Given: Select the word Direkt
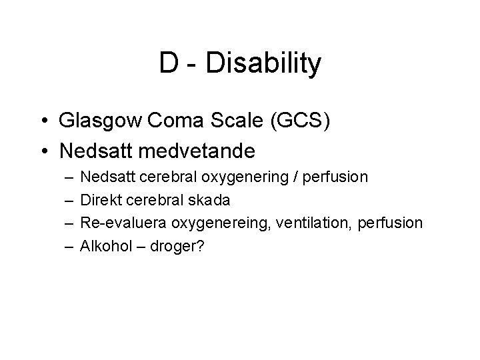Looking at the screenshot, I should (99, 200).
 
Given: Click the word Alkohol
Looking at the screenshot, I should (105, 245).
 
